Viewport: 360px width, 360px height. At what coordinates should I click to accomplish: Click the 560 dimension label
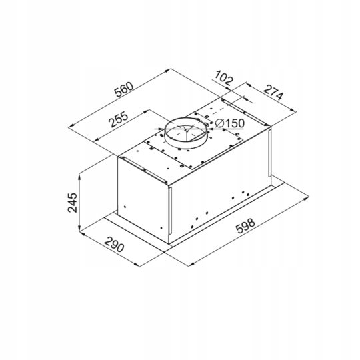[124, 89]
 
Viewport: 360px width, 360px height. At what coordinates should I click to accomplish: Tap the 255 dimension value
[119, 119]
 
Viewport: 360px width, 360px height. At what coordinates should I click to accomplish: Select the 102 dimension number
[224, 78]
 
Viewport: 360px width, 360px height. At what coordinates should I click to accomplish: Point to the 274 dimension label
[273, 93]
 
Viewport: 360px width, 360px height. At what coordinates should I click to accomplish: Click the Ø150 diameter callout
[230, 123]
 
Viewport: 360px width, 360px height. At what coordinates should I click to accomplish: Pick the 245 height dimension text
[73, 203]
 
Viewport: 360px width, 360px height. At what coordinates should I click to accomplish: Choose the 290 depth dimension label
[115, 244]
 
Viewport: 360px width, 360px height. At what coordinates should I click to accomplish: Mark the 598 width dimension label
[245, 226]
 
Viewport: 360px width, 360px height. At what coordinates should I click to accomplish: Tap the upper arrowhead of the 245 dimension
[79, 177]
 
